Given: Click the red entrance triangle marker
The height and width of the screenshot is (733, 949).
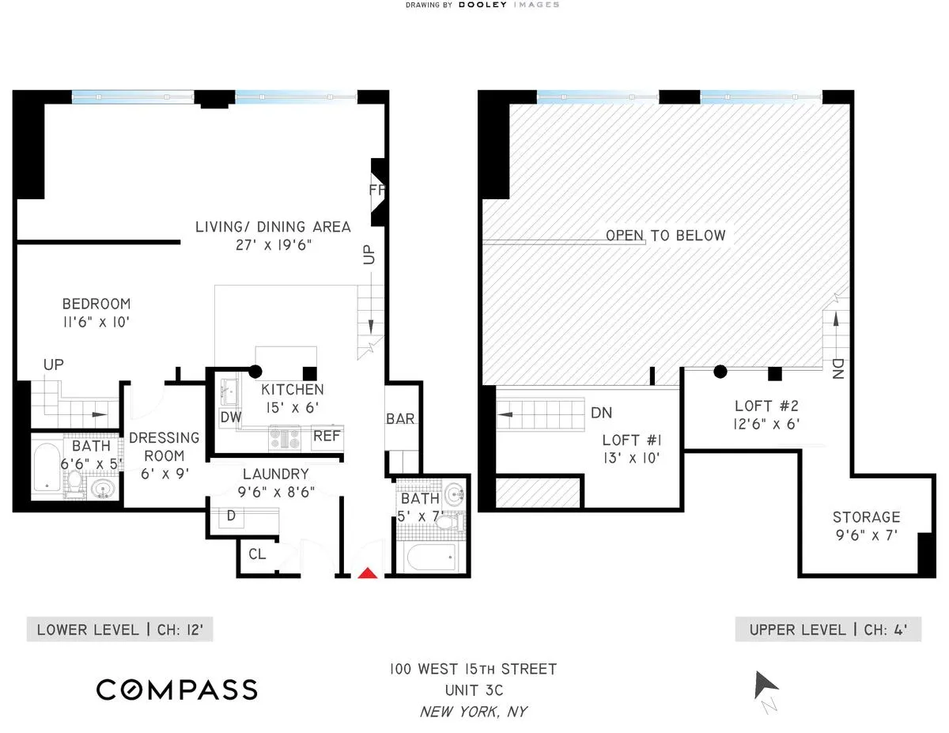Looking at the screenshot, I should pyautogui.click(x=367, y=572).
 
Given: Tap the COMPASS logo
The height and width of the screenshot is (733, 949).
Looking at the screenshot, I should pyautogui.click(x=176, y=689).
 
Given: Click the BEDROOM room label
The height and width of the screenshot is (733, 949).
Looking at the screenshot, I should pyautogui.click(x=96, y=304).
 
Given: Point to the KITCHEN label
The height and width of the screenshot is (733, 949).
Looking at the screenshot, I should pyautogui.click(x=293, y=389).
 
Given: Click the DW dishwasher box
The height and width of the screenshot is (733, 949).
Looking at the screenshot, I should pyautogui.click(x=230, y=418).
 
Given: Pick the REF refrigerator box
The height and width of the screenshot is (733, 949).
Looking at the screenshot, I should pyautogui.click(x=327, y=436).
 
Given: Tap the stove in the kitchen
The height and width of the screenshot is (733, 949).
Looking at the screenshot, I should pyautogui.click(x=285, y=437).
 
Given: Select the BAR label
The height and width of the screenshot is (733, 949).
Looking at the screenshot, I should pyautogui.click(x=400, y=418).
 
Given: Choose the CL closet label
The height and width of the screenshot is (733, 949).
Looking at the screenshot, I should pyautogui.click(x=257, y=554).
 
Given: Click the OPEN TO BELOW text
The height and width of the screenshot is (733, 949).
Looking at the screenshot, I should pyautogui.click(x=664, y=235).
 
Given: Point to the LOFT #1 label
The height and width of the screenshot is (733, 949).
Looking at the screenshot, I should pyautogui.click(x=631, y=440).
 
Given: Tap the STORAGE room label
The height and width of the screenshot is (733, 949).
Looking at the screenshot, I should pyautogui.click(x=866, y=517).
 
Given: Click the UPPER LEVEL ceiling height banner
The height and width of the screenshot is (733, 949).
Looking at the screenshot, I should pyautogui.click(x=828, y=630).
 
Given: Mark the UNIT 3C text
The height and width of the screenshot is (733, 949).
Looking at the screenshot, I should pyautogui.click(x=473, y=690).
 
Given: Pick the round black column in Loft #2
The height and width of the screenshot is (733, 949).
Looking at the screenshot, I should pyautogui.click(x=720, y=371).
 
